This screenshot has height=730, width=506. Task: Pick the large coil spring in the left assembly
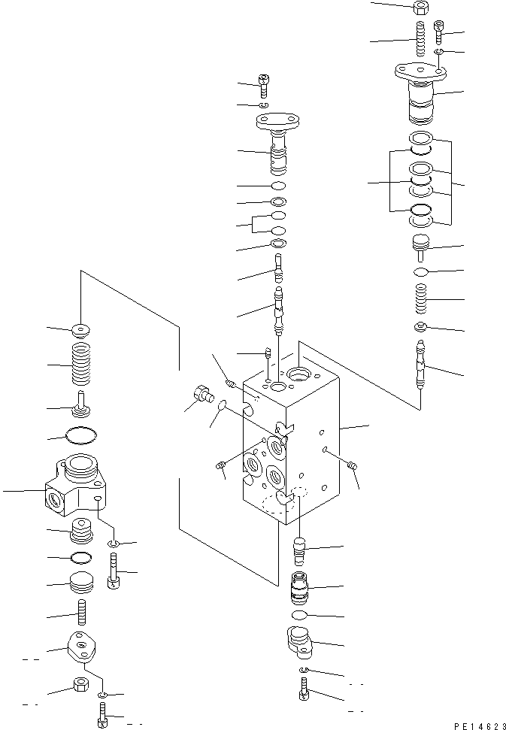(x=80, y=365)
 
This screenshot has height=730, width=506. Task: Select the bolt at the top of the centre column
(x=264, y=86)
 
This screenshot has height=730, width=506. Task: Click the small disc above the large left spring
(x=79, y=330)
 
